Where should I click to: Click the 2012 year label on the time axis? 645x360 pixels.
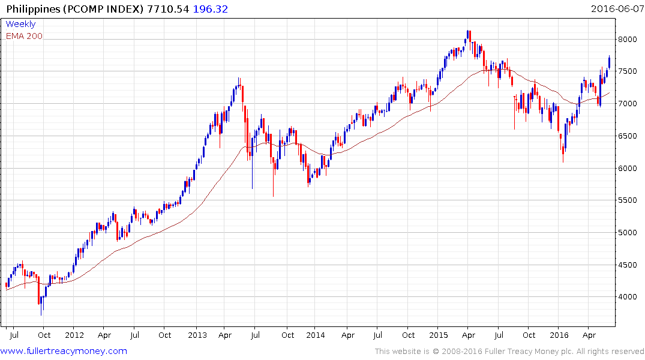74,335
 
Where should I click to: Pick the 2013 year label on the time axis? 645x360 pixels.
197,335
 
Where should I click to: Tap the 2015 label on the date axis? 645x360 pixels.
438,335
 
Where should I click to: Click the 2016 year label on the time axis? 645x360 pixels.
559,335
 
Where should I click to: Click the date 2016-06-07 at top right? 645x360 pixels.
616,8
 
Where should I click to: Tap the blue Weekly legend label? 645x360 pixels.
20,24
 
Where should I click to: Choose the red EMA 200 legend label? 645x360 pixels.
24,36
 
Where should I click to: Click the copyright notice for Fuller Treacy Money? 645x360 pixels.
509,351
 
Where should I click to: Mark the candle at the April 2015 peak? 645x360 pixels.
468,36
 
